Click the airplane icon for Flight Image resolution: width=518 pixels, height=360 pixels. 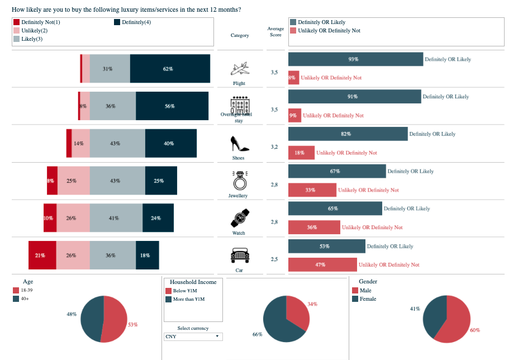[x=239, y=69]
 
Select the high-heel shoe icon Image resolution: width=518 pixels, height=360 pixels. [x=239, y=144]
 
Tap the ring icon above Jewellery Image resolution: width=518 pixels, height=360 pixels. [x=239, y=181]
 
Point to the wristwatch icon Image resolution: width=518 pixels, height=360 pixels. [x=240, y=217]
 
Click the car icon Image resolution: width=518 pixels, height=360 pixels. [x=239, y=255]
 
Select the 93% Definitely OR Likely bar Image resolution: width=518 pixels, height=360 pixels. [x=355, y=59]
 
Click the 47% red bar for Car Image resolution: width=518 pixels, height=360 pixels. [x=322, y=265]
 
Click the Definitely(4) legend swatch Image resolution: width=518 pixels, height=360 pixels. [x=117, y=22]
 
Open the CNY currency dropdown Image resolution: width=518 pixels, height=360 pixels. [x=193, y=337]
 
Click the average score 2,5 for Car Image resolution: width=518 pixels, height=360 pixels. [x=274, y=259]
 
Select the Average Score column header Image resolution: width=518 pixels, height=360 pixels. [x=276, y=32]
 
